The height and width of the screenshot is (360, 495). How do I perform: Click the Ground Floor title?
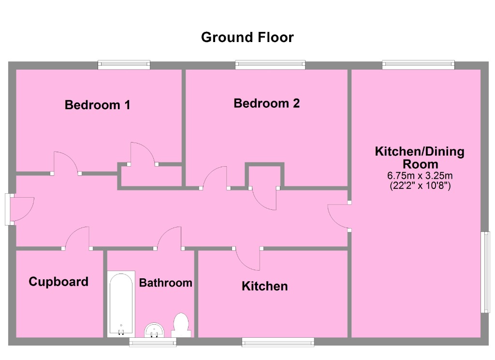click(247, 37)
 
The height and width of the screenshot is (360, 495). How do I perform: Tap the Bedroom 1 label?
click(97, 104)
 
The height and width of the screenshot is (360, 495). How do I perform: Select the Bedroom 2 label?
click(266, 103)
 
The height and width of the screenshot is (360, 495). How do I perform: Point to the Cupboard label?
click(58, 282)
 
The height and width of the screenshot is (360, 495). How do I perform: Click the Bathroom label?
click(165, 283)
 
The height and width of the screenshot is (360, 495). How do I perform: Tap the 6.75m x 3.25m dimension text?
click(420, 176)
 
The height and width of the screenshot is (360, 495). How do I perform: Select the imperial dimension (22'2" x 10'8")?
click(420, 186)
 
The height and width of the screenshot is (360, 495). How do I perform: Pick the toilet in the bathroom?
click(181, 325)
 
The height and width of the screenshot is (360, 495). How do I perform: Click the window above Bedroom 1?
click(124, 64)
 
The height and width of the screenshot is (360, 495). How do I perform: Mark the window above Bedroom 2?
click(270, 64)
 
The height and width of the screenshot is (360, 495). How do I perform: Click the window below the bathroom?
click(153, 342)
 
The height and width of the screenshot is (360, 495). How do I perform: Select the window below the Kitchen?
click(278, 342)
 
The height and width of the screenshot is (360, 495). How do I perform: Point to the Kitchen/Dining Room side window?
click(485, 272)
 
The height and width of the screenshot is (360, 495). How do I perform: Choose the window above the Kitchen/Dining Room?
click(418, 64)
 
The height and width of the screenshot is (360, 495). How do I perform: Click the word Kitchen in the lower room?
click(264, 286)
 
